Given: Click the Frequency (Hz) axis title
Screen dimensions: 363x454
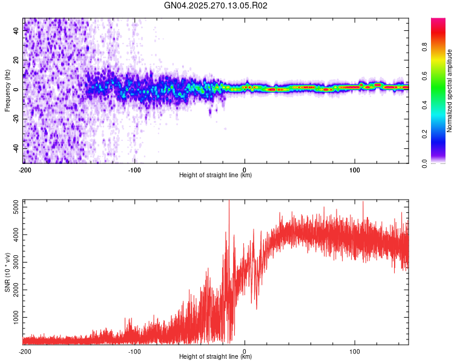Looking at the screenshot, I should [7, 91].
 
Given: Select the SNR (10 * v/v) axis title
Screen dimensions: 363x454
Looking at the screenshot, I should [7, 272].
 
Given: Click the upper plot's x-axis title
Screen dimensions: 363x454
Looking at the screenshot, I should [215, 175].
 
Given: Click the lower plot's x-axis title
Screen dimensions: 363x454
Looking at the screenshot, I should [215, 357].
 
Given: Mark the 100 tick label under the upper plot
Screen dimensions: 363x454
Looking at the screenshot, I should [355, 169].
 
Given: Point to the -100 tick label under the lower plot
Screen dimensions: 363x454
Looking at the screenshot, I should [134, 351].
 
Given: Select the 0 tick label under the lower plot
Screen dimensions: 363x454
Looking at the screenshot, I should [245, 351].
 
